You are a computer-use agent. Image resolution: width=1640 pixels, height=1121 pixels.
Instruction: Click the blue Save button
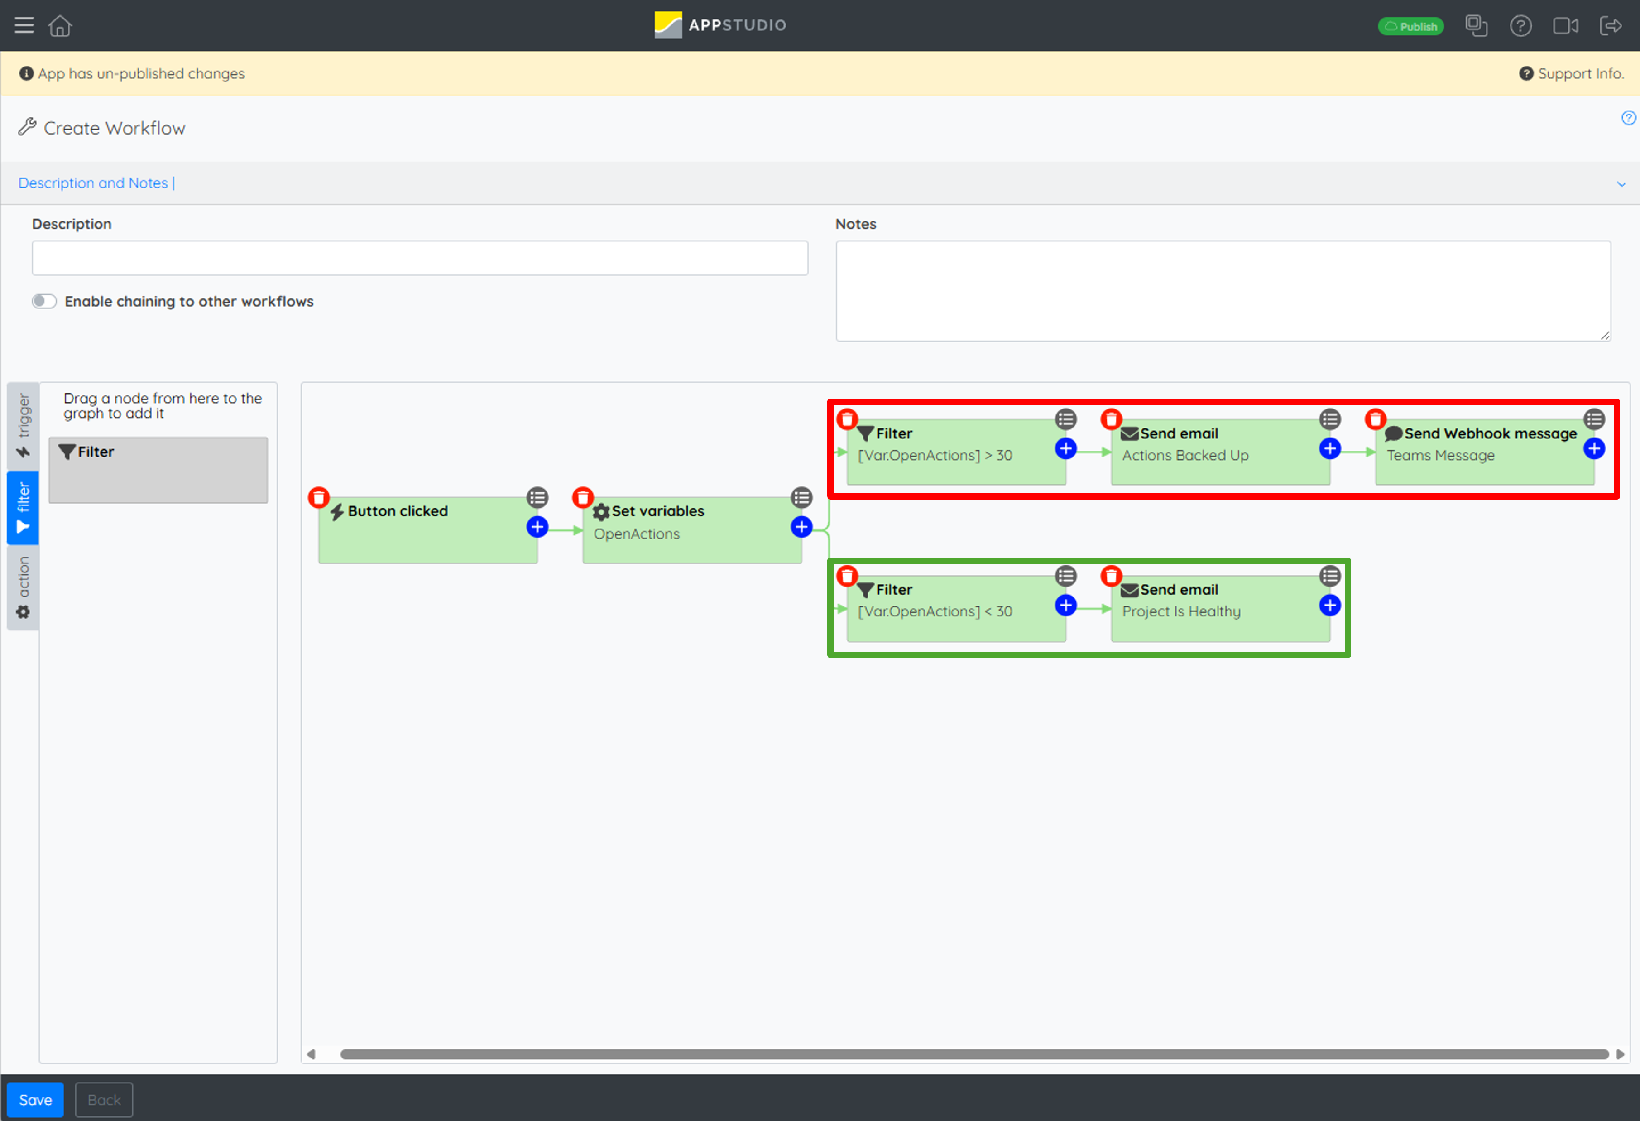click(35, 1099)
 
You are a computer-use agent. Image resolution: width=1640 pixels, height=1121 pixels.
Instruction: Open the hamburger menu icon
click(24, 25)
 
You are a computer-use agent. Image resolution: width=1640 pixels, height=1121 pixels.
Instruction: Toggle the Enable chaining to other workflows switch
click(44, 302)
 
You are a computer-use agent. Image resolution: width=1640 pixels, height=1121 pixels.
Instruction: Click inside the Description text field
click(420, 258)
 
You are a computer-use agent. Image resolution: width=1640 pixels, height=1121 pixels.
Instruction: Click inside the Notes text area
click(1223, 291)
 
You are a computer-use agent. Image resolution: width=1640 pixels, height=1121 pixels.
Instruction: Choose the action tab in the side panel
click(23, 587)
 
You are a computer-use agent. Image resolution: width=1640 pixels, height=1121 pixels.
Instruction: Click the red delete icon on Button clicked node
click(319, 498)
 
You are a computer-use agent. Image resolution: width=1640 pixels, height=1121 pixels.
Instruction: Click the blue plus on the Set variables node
click(801, 527)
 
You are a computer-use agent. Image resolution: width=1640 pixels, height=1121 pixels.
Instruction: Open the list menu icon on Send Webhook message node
click(1594, 419)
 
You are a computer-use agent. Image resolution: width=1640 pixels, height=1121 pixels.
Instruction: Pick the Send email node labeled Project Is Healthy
click(1221, 608)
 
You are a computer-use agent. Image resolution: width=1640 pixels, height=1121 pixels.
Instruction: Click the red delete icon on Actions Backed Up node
click(1112, 419)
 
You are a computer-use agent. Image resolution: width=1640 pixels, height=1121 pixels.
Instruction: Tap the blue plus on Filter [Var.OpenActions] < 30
click(1065, 605)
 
